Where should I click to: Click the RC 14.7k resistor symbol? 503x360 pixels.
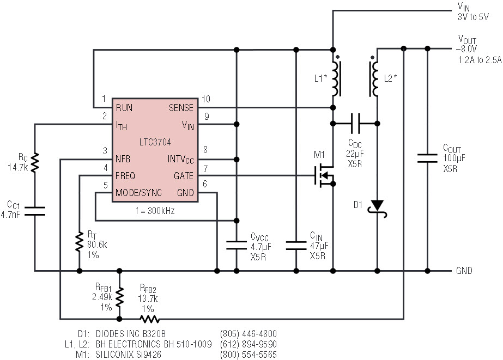tap(35, 162)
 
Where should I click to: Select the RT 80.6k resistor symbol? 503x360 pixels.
tap(79, 242)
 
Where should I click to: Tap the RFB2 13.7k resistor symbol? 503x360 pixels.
tap(149, 319)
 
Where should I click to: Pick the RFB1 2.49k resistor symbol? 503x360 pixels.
tap(119, 297)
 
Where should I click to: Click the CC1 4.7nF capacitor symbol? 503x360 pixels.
tap(35, 211)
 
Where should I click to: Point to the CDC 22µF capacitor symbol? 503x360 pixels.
tap(355, 124)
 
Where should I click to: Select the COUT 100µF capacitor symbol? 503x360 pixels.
tap(427, 158)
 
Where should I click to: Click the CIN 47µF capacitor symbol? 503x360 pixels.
tap(296, 246)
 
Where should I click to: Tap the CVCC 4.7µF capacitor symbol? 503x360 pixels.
tap(237, 245)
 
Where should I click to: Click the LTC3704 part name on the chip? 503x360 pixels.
tap(155, 142)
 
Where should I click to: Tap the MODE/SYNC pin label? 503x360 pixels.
tap(138, 193)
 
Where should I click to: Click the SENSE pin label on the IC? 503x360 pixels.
tap(181, 108)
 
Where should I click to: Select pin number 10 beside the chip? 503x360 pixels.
tap(205, 99)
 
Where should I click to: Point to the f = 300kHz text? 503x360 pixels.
tap(155, 211)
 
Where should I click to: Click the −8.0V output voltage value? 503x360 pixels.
tap(466, 50)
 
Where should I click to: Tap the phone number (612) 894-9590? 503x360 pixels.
tap(249, 344)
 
